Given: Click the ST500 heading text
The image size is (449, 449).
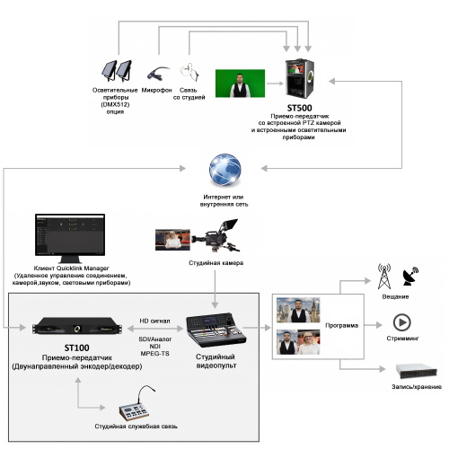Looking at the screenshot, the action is (299, 108).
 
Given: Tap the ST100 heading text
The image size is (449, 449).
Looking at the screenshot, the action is (76, 348).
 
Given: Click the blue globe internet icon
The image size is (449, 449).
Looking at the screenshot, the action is (225, 170).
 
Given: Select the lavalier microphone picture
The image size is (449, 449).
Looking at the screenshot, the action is (158, 74).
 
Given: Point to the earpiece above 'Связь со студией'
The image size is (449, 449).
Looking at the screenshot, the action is (189, 72).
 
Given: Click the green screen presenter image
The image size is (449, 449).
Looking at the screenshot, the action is (240, 84).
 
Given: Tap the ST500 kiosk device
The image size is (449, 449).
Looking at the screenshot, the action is (299, 78).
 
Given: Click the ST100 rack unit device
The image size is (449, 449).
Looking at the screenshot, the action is (77, 327).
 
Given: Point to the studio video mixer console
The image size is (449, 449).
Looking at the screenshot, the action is (216, 330).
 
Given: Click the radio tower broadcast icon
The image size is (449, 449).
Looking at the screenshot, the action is (384, 277).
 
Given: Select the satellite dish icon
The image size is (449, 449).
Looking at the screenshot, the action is (410, 277).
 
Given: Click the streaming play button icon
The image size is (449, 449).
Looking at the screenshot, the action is (401, 322).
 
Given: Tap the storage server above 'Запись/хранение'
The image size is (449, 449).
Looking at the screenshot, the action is (417, 371).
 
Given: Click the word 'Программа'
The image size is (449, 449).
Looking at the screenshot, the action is (341, 325).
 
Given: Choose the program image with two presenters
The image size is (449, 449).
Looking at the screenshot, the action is (298, 342).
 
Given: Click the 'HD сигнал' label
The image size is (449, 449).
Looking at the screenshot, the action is (154, 321).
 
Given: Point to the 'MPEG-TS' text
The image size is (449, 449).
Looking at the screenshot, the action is (154, 354).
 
